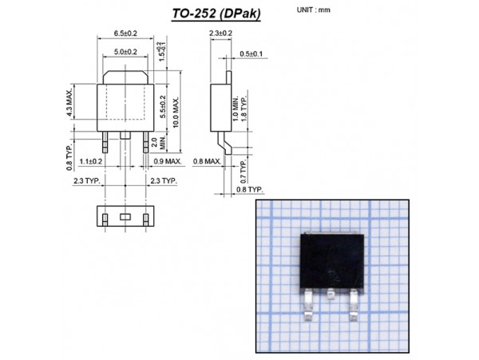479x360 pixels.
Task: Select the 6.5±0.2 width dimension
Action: pos(126,34)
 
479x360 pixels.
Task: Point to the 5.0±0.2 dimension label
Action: pos(125,51)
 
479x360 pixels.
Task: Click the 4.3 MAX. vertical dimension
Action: pos(70,102)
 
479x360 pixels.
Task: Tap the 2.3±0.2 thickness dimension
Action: pos(220,34)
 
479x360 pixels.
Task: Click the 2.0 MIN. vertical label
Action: pos(163,142)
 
